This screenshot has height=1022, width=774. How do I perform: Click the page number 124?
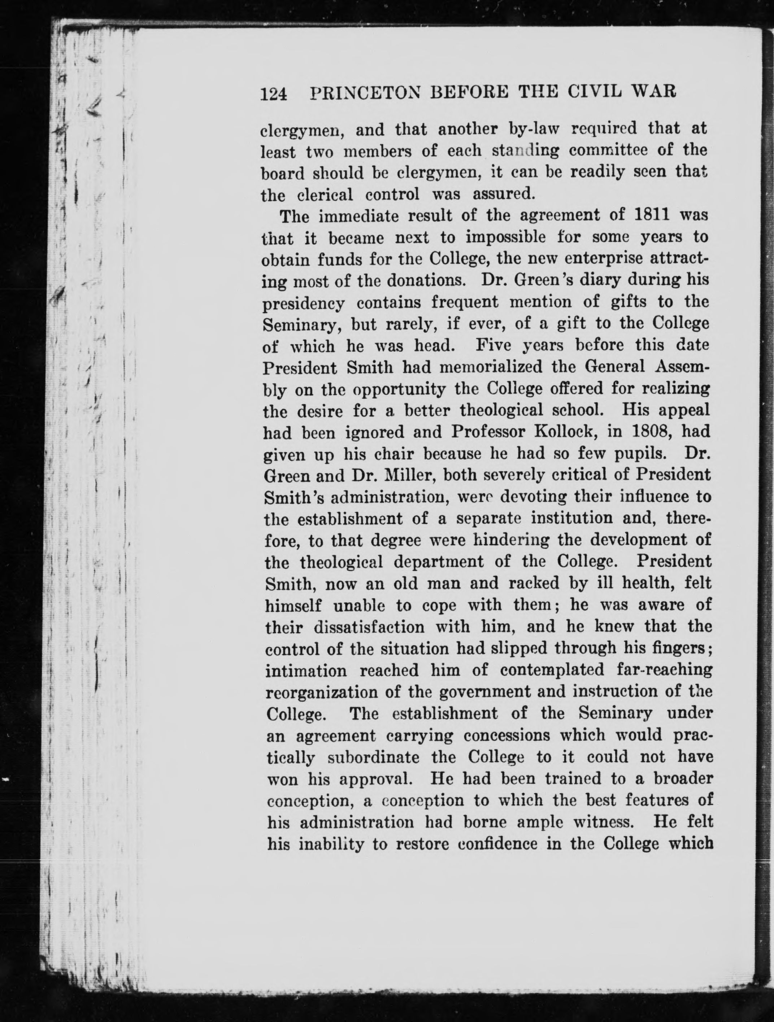(274, 94)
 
